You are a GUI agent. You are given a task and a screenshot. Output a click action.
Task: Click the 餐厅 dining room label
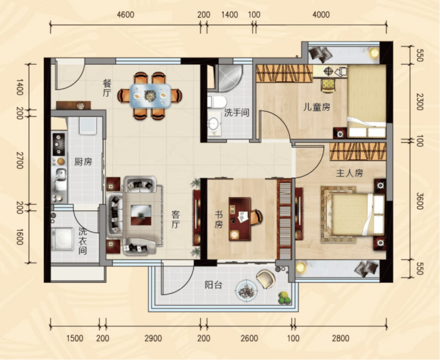click(x=107, y=88)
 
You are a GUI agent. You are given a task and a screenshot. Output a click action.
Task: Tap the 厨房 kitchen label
click(x=83, y=162)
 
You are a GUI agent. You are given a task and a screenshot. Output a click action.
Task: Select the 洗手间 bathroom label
click(x=237, y=113)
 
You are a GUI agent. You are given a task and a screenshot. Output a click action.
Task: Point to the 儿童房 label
click(x=317, y=107)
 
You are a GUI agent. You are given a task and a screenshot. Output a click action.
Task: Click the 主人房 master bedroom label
click(x=350, y=173)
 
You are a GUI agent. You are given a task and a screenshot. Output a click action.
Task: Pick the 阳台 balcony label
click(x=213, y=285)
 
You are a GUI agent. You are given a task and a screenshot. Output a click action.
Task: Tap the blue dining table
click(x=150, y=96)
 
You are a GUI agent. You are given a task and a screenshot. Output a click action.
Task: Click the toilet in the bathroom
click(x=216, y=102)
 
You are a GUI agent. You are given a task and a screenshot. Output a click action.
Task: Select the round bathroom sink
click(x=214, y=124)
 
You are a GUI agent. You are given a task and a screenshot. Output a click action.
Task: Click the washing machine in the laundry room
click(x=61, y=239)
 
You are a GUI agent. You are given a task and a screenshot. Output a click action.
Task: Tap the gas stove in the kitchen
click(x=59, y=144)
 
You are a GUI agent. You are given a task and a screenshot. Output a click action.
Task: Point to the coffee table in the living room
click(x=141, y=215)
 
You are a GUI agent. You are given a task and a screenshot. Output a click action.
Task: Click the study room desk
click(x=240, y=219)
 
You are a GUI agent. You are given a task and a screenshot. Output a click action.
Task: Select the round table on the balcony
click(x=246, y=290)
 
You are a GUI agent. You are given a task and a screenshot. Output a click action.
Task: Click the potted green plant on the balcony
click(x=284, y=298)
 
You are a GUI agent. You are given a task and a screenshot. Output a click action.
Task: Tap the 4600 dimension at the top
click(x=125, y=15)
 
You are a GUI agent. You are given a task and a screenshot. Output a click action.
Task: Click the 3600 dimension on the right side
click(x=419, y=201)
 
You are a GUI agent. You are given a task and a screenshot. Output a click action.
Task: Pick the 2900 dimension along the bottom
click(x=153, y=338)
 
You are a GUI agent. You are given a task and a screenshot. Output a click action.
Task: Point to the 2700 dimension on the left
click(x=20, y=160)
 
